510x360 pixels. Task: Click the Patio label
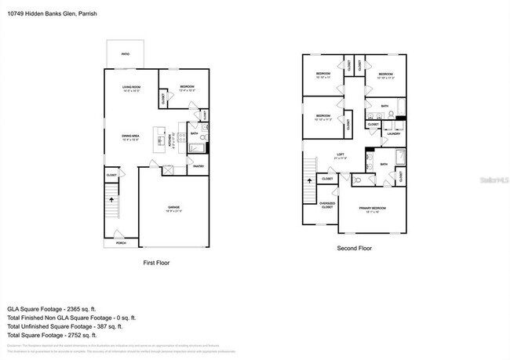point(125,54)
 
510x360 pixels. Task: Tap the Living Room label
point(130,87)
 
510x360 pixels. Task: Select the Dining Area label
point(130,137)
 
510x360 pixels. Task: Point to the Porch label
point(121,243)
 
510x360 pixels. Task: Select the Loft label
point(341,155)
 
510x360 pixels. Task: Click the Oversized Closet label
point(327,205)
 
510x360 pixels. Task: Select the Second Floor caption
point(355,248)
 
